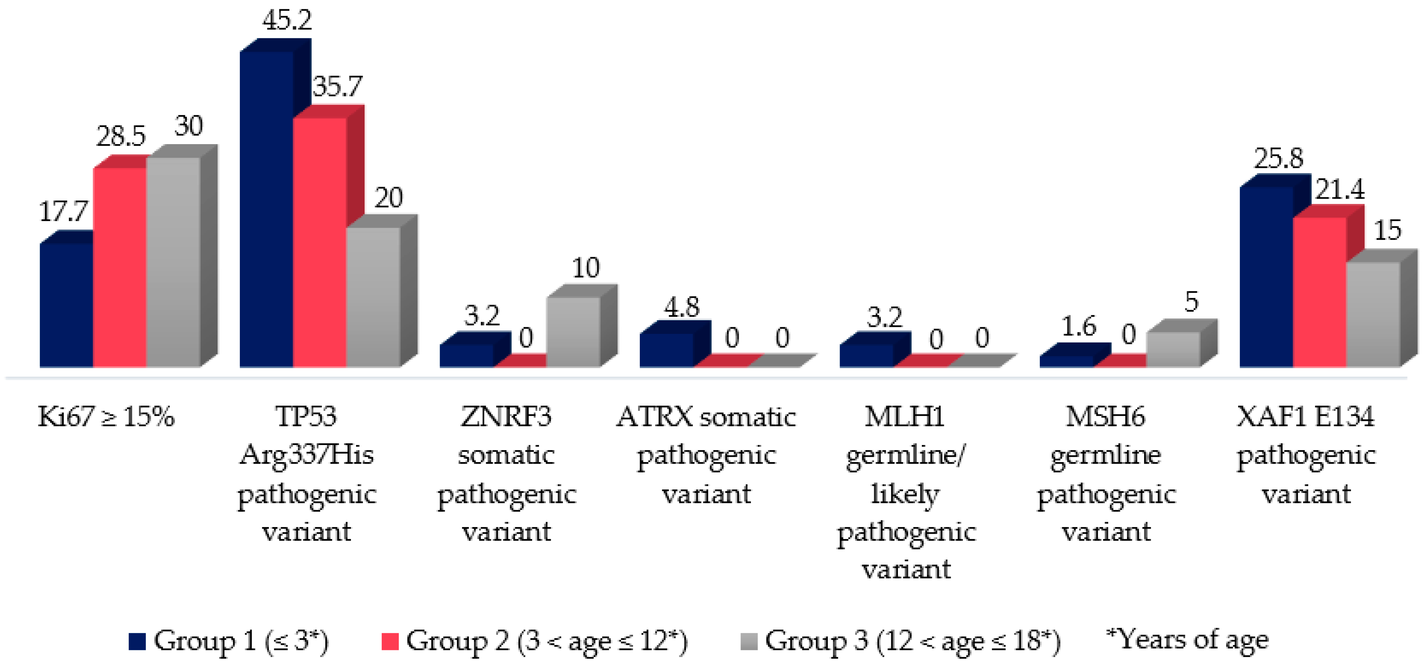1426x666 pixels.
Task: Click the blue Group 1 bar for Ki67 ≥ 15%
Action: [66, 305]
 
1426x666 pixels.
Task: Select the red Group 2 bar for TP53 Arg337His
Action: [320, 242]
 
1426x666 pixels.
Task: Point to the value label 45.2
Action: [287, 20]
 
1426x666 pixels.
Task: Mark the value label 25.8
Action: [1279, 158]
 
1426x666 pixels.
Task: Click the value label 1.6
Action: [1079, 326]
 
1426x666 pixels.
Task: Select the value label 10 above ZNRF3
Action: [586, 268]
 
